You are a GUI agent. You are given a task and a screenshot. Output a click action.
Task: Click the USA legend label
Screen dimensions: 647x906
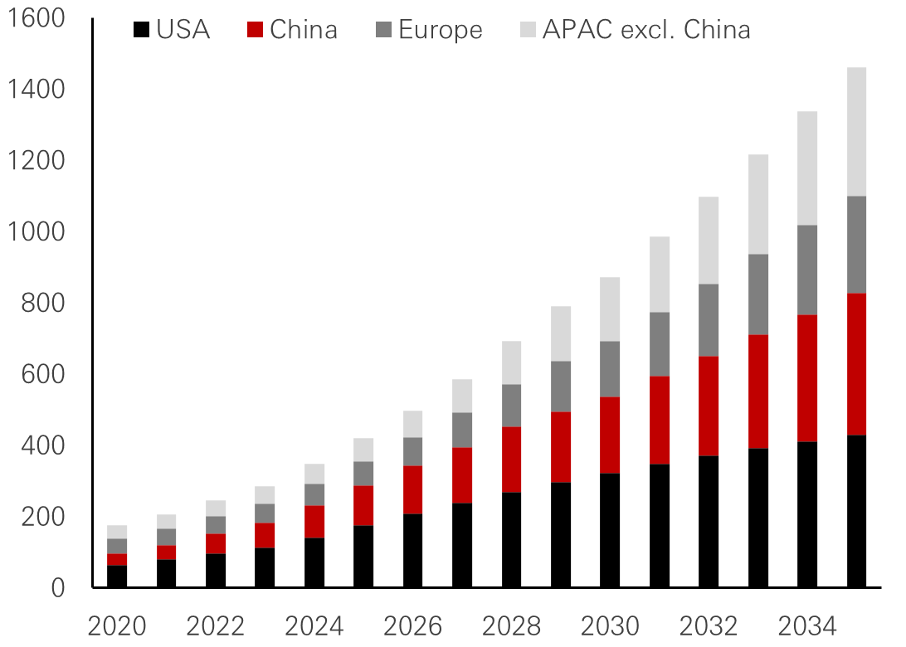183,31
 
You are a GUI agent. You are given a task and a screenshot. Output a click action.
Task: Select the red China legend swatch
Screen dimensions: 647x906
255,31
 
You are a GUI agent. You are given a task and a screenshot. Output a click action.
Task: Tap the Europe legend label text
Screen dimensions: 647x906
440,31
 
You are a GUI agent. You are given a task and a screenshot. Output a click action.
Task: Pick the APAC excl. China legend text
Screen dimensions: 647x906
646,31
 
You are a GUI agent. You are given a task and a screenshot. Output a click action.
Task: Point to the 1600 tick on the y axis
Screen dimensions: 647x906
33,17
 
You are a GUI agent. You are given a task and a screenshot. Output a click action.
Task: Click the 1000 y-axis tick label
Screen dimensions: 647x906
33,231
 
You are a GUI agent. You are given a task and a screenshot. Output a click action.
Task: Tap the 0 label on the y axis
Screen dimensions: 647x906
56,589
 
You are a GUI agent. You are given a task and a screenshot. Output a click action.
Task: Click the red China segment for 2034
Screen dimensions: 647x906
808,377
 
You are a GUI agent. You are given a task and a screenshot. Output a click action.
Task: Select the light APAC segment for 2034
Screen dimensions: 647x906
808,168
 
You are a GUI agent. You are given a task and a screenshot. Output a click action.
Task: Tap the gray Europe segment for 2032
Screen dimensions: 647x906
709,319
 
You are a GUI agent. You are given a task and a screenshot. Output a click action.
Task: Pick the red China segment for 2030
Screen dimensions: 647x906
610,434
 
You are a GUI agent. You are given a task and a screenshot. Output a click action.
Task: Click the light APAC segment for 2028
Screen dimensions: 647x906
512,362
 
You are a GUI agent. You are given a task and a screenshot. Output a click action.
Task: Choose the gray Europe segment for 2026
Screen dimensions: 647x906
413,450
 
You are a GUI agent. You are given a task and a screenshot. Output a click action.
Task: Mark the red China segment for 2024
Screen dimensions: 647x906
314,521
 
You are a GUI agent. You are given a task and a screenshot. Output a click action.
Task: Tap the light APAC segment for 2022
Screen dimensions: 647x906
216,508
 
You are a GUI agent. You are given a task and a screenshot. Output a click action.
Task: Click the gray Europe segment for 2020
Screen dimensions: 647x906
117,545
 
